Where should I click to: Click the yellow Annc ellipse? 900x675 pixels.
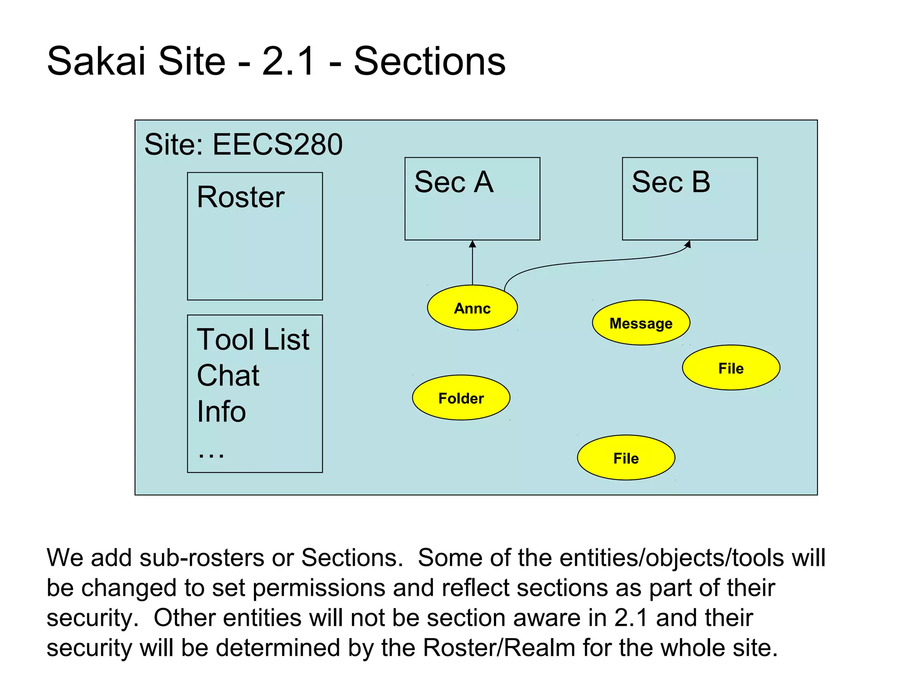coord(472,308)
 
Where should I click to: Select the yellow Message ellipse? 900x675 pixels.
coord(641,323)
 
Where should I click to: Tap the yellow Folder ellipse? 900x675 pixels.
coord(461,398)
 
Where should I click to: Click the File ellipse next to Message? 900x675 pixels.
coord(731,368)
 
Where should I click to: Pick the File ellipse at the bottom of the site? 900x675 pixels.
coord(626,458)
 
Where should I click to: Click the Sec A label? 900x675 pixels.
coord(454,182)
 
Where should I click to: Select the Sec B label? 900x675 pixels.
coord(671,182)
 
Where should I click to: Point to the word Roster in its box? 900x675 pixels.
coord(240,197)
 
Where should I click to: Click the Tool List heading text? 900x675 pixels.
coord(253,339)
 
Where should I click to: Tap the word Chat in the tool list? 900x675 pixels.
coord(228,376)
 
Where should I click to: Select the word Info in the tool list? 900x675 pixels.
coord(221,412)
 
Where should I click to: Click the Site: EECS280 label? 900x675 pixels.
coord(243,145)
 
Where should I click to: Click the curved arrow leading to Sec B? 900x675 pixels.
coord(593,262)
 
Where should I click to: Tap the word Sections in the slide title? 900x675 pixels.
coord(430,61)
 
